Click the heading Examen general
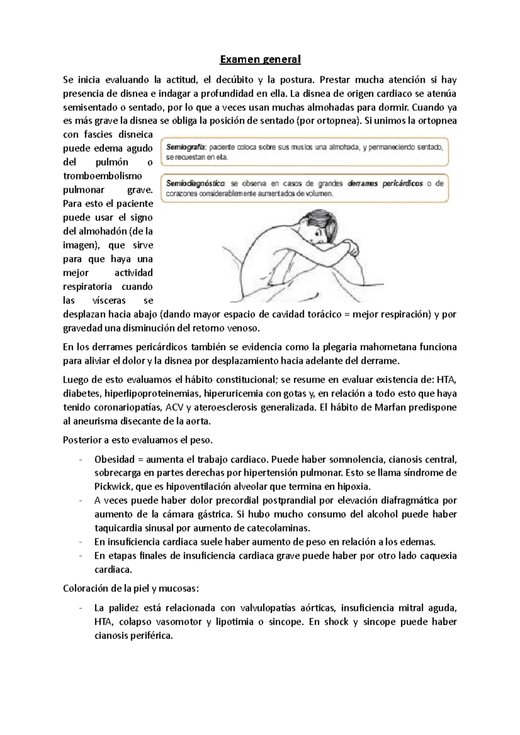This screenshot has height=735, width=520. [260, 59]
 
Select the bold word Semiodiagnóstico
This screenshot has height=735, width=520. [195, 184]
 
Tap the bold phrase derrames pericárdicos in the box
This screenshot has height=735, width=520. [385, 184]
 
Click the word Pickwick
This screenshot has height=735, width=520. [114, 487]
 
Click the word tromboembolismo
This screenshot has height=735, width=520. [103, 176]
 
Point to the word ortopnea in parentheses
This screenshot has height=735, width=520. [337, 121]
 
